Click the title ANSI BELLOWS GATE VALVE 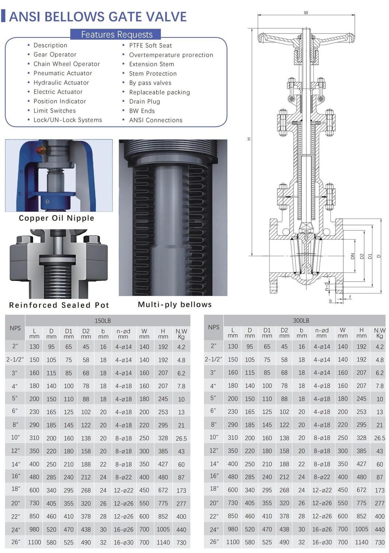pos(98,17)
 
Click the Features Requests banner pos(117,35)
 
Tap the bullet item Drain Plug pos(144,101)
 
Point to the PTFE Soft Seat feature pos(150,45)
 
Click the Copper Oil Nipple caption pos(56,218)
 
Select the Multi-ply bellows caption pos(174,305)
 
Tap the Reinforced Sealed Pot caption pos(59,305)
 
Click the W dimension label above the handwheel pos(306,13)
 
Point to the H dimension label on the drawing pos(249,139)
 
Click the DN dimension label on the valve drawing pos(352,256)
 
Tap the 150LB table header pos(103,321)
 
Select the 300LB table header pos(301,321)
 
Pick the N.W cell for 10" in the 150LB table pos(181,438)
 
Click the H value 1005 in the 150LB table pos(163,529)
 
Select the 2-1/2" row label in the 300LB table pos(213,359)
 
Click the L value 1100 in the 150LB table pos(34,542)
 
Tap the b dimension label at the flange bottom pos(331,301)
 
